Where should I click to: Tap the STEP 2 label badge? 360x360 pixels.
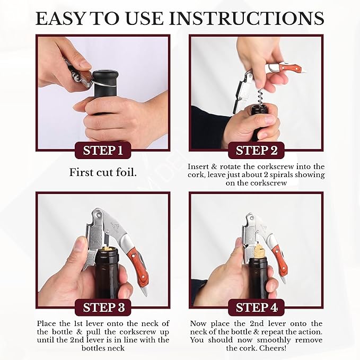pos(257,151)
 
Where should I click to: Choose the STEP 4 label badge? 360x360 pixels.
pos(257,308)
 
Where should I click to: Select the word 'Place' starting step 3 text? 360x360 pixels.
pos(48,323)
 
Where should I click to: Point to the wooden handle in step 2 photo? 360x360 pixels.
pos(291,68)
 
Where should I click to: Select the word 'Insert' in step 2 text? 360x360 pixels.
pos(198,166)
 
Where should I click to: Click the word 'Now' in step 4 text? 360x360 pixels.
pos(198,323)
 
